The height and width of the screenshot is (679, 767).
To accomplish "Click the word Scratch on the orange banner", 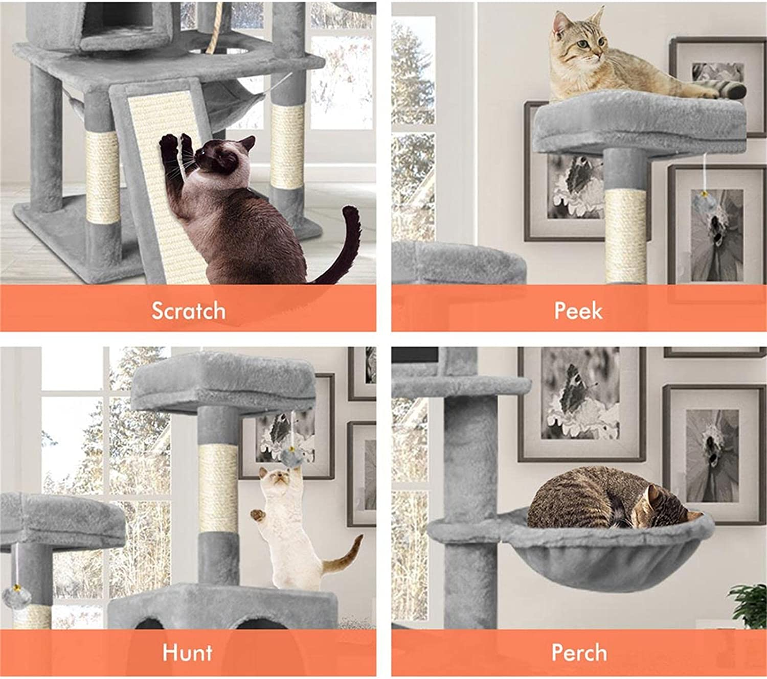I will pyautogui.click(x=188, y=311).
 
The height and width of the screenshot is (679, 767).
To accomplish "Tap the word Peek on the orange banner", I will pyautogui.click(x=578, y=311).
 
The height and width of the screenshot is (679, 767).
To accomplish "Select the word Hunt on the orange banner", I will pyautogui.click(x=187, y=652).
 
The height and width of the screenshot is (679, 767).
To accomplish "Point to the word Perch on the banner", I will pyautogui.click(x=579, y=652).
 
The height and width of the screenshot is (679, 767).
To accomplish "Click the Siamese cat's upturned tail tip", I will pyautogui.click(x=350, y=212).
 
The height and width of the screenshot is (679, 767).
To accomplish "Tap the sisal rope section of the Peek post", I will pyautogui.click(x=626, y=235).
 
